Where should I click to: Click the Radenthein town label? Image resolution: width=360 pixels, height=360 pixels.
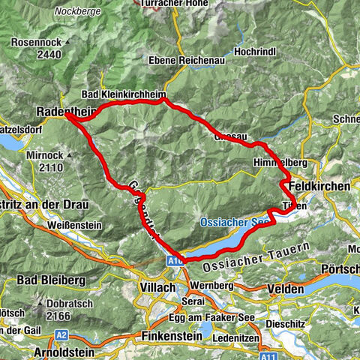tap(66, 111)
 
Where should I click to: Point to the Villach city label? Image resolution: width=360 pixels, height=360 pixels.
tap(158, 287)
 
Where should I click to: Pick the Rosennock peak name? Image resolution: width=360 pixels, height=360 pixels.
tap(37, 43)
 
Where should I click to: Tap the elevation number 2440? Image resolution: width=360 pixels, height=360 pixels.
tap(37, 55)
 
